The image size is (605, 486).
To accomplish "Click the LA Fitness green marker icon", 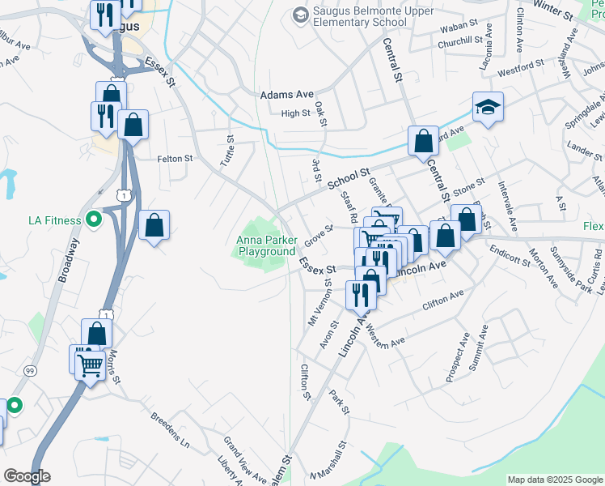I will (93, 220).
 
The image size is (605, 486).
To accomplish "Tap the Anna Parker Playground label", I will (266, 245).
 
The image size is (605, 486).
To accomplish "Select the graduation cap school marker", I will (488, 109).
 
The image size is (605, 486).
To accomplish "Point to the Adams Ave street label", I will (286, 95).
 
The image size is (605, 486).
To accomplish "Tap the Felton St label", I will (176, 159).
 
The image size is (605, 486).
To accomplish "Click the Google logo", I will (27, 476).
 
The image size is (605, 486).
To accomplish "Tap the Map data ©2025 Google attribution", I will (554, 480).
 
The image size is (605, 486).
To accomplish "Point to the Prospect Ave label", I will (457, 356).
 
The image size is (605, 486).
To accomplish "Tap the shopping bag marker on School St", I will (423, 142).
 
